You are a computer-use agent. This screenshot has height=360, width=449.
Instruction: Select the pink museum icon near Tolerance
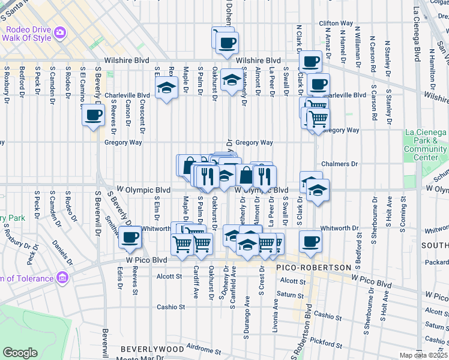tap(62, 277)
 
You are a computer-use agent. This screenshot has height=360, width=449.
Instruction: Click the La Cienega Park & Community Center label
tap(425, 145)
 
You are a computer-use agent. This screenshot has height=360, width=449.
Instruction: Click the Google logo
tap(20, 353)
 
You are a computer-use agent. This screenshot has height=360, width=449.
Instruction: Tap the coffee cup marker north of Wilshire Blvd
tap(227, 43)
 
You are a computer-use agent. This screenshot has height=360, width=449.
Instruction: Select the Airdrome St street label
tap(200, 347)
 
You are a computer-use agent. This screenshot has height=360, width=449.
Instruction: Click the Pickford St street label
tap(327, 343)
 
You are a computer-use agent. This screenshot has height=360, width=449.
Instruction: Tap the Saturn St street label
tap(291, 294)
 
